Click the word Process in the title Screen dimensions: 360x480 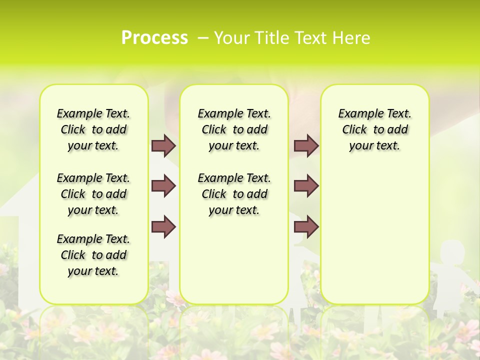(154, 38)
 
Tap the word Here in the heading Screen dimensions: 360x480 (352, 38)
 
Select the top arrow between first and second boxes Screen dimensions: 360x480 (163, 145)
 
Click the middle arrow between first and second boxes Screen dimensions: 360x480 (163, 186)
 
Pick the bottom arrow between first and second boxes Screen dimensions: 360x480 (163, 226)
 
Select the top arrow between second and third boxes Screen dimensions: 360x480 (306, 145)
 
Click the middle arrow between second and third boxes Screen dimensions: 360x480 (306, 186)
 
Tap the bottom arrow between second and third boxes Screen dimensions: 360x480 (306, 226)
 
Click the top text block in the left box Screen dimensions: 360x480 (93, 129)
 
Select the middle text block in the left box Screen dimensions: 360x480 (93, 194)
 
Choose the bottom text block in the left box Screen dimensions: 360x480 (93, 255)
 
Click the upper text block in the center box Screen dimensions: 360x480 (234, 129)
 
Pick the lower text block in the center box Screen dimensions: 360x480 (234, 194)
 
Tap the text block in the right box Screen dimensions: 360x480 (375, 129)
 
